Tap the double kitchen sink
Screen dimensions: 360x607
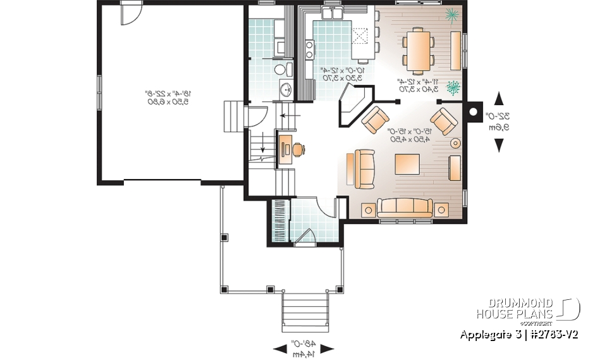point(332,14)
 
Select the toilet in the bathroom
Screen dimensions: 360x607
point(280,69)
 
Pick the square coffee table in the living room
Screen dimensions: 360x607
point(408,164)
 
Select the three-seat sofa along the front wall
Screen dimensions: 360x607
point(405,208)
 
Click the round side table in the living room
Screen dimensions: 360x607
point(455,143)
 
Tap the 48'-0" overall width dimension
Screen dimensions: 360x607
point(305,348)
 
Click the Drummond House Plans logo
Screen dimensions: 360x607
point(528,309)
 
